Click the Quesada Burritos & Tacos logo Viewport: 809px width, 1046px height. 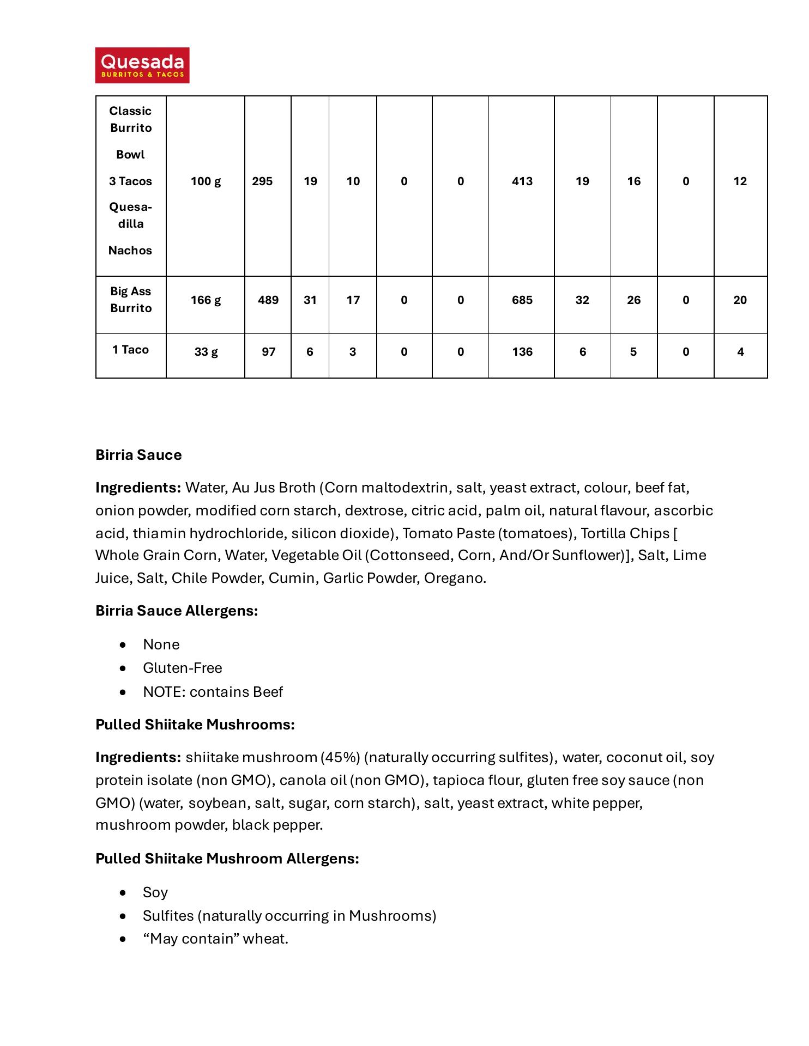click(x=142, y=65)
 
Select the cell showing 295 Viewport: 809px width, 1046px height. click(x=262, y=181)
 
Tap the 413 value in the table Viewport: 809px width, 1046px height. click(x=522, y=181)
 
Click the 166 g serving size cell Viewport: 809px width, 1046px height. click(x=206, y=300)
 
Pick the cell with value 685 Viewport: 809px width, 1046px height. click(x=522, y=300)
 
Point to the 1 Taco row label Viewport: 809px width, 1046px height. click(x=130, y=350)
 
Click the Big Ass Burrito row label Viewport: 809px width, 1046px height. click(x=130, y=300)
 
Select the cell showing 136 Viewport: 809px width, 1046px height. click(x=522, y=352)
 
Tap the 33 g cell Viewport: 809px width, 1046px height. click(x=206, y=352)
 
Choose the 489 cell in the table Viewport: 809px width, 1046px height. click(x=268, y=300)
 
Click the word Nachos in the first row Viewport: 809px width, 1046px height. click(x=130, y=251)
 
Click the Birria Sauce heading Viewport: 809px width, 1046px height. click(x=138, y=455)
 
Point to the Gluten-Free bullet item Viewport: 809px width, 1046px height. click(x=182, y=668)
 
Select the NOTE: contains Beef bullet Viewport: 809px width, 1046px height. click(x=213, y=692)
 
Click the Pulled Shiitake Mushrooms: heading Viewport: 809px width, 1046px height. click(x=195, y=725)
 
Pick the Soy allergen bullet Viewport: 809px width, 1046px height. click(x=155, y=892)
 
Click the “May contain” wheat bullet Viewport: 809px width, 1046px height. click(x=215, y=939)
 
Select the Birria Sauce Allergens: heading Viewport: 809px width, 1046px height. click(x=177, y=611)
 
